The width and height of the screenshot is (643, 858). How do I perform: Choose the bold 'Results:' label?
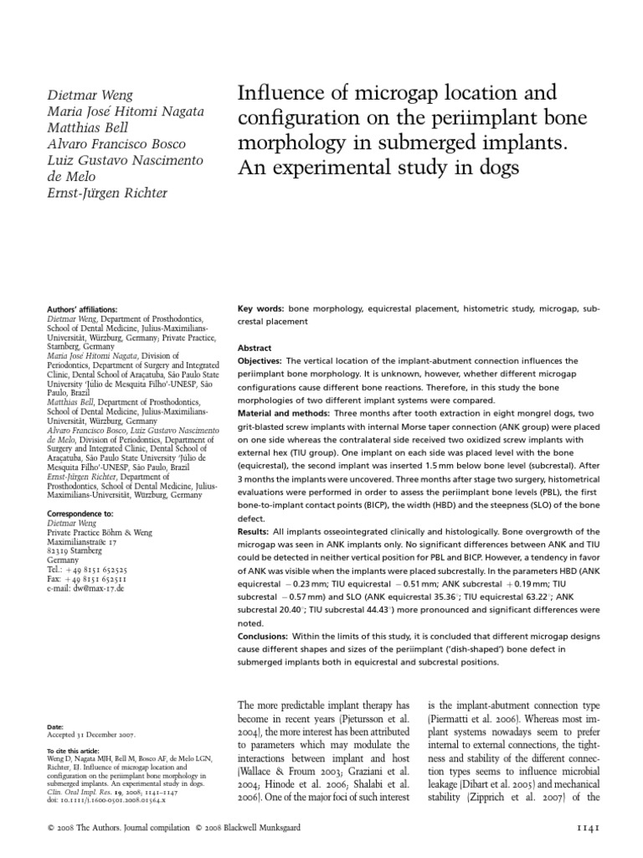pyautogui.click(x=255, y=532)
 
